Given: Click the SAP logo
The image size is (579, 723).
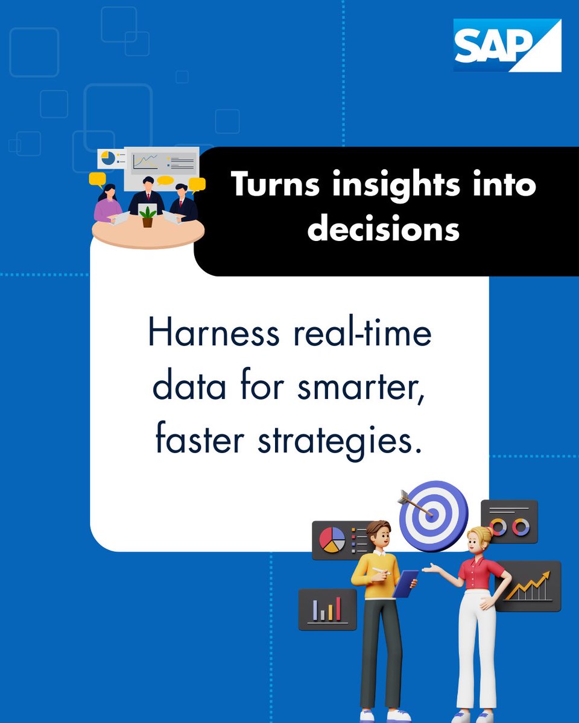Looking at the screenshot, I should [507, 45].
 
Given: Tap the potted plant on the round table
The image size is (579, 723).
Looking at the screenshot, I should [148, 217].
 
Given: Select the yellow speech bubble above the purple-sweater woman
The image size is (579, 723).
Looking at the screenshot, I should [96, 179].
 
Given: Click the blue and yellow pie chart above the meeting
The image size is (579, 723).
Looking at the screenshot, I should [108, 158].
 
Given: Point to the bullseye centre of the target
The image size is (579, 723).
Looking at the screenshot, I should [433, 515].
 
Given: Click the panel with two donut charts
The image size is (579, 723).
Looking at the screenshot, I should [509, 522].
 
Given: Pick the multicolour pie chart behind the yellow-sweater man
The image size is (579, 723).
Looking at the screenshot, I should [332, 539].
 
